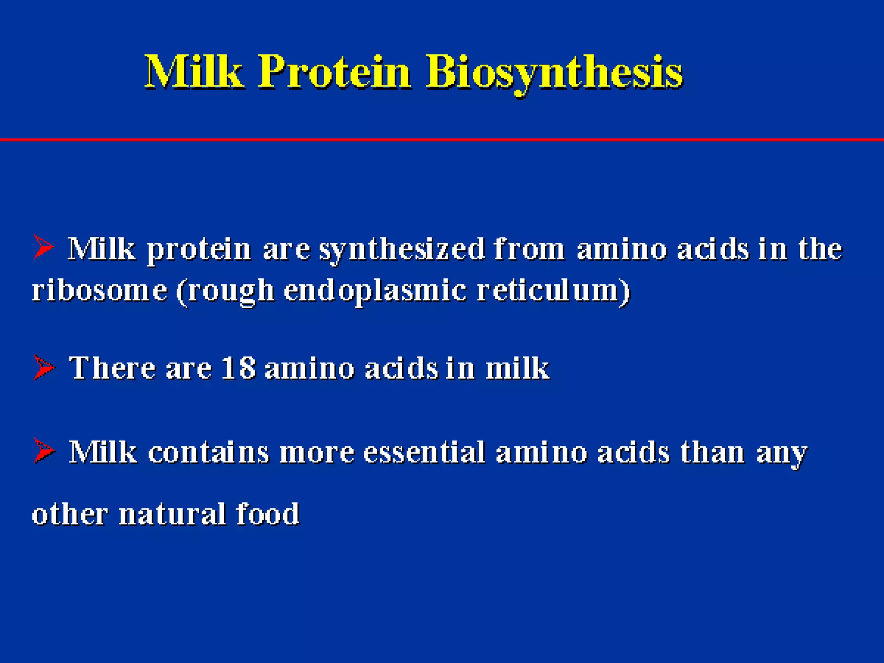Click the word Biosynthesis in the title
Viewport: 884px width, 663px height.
click(554, 72)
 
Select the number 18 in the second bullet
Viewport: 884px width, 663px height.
click(238, 368)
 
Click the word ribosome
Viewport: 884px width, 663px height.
click(100, 290)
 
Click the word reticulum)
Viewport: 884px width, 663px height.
click(553, 290)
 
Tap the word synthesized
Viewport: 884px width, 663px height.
click(402, 250)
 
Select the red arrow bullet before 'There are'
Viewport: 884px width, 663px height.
click(44, 368)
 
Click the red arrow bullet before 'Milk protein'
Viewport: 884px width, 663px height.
click(43, 247)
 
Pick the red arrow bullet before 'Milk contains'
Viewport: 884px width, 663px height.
click(44, 451)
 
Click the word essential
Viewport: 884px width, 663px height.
click(424, 452)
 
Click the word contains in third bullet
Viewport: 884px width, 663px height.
click(208, 452)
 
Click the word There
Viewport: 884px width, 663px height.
click(112, 368)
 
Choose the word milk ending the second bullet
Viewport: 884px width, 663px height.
click(517, 368)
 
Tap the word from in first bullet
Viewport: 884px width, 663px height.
click(529, 249)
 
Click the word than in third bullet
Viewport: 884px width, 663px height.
click(712, 452)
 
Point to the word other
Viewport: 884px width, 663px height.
click(69, 514)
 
